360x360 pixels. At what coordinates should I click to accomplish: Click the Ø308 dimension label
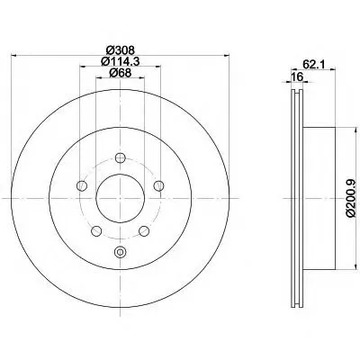point(120,49)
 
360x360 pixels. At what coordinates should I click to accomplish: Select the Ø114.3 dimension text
point(121,61)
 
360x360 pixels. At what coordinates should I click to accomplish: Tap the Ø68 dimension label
point(120,73)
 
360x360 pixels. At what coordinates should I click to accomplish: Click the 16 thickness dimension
point(297,76)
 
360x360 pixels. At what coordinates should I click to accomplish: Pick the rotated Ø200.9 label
point(350,198)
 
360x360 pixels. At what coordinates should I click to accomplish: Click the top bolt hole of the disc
point(121,157)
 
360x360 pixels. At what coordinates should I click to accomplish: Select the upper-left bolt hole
point(82,185)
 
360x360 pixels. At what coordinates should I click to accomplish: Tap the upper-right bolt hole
point(158,185)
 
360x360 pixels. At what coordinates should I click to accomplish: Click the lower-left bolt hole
point(96,231)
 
